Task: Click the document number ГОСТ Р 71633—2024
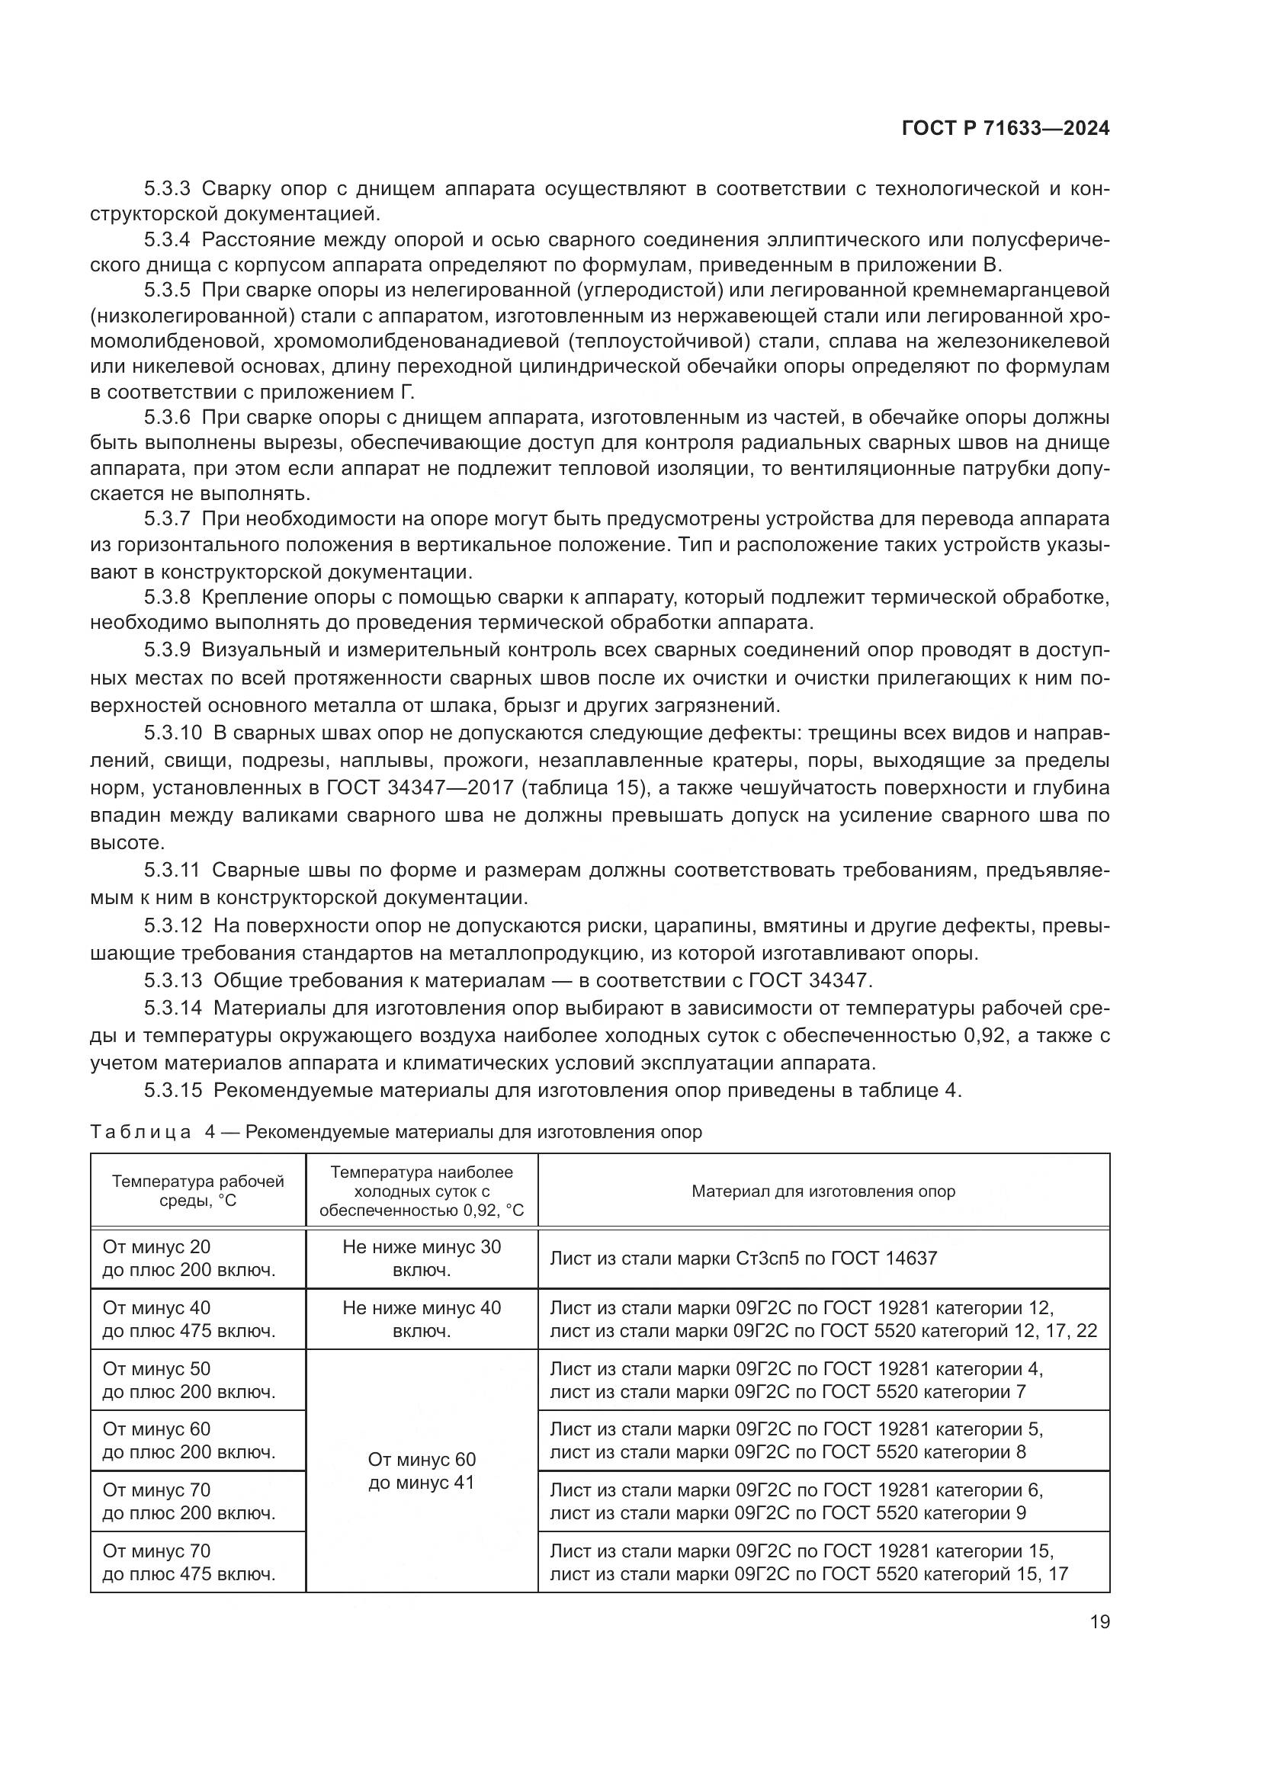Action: pyautogui.click(x=1005, y=129)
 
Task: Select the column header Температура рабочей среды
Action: pyautogui.click(x=198, y=1191)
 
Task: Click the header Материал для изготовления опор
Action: pyautogui.click(x=823, y=1191)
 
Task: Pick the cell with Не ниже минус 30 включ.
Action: pyautogui.click(x=422, y=1258)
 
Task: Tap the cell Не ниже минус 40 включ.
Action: pyautogui.click(x=422, y=1319)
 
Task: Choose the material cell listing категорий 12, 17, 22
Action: pyautogui.click(x=823, y=1320)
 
